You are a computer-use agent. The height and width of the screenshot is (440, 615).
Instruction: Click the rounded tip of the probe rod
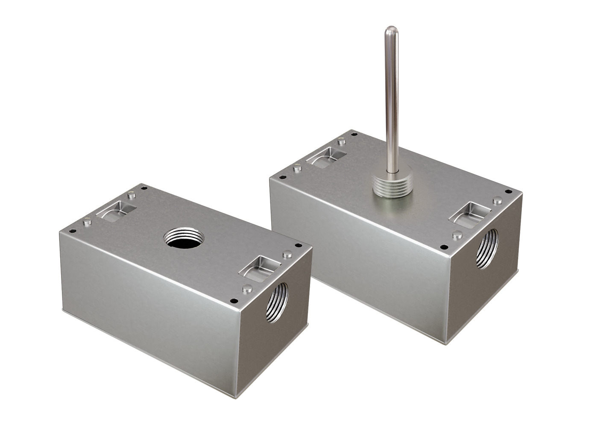click(390, 30)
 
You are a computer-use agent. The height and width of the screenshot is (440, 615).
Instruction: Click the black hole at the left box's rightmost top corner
click(298, 245)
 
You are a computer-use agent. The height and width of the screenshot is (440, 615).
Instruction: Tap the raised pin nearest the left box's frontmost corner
click(246, 288)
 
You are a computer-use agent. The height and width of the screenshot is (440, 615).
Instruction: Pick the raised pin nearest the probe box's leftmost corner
click(298, 168)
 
